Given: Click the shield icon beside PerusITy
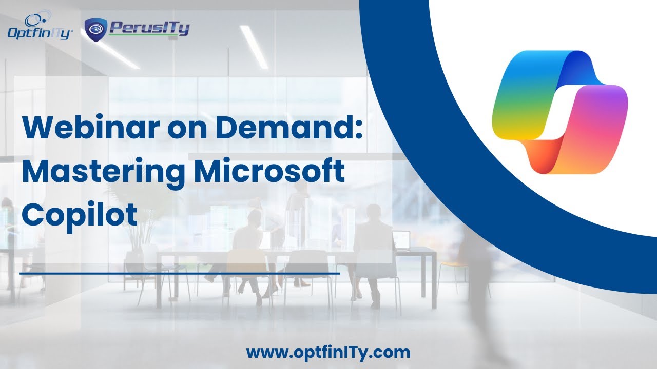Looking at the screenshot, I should tap(95, 29).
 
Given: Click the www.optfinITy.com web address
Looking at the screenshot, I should tap(328, 353).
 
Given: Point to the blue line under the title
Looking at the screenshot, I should tap(179, 274).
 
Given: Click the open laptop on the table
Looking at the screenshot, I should tap(401, 239).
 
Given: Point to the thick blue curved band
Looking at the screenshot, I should tap(411, 154).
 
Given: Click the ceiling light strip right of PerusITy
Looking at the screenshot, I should tap(254, 46).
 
